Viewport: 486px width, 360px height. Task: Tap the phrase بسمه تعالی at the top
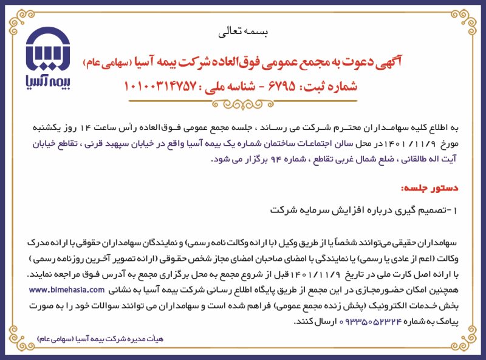coord(242,30)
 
